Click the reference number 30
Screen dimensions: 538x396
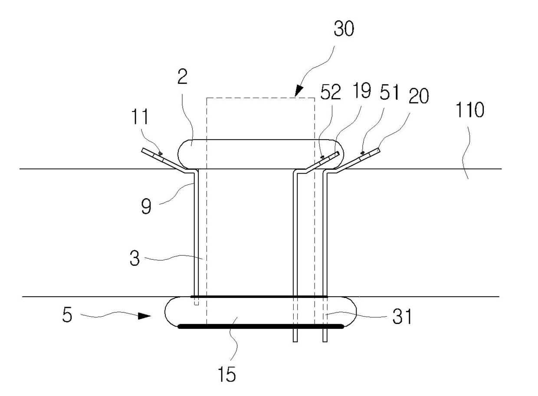[x=344, y=28]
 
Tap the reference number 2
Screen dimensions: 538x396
[x=182, y=77]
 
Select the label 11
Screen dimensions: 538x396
[x=141, y=117]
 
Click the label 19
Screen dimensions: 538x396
[x=361, y=90]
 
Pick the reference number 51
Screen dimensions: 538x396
[x=389, y=92]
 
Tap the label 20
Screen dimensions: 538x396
[x=419, y=95]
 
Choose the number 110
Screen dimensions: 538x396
[x=469, y=109]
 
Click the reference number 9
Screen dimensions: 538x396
[x=146, y=206]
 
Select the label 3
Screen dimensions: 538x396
[x=134, y=258]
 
